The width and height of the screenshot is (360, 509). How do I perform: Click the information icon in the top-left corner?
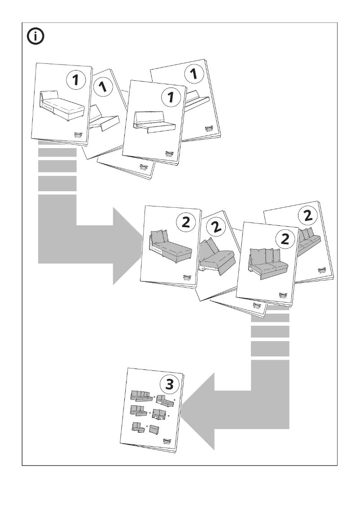36,37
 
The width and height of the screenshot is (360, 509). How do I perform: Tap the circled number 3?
169,384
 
